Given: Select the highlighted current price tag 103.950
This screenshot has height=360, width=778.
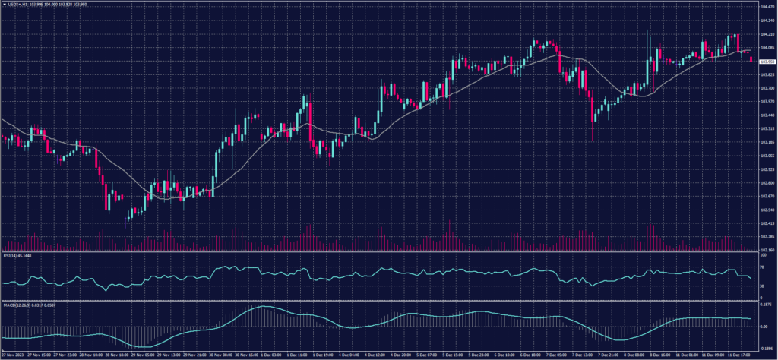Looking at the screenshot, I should tap(767, 61).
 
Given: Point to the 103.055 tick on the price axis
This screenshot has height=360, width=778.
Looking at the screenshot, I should tap(767, 156).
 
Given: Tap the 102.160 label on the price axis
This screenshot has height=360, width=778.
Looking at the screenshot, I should tap(767, 249).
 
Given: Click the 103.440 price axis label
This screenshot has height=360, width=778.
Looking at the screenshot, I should tap(767, 115).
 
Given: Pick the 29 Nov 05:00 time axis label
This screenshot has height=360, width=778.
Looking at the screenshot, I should tap(142, 354).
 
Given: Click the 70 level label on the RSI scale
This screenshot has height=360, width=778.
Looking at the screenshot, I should tap(762, 268).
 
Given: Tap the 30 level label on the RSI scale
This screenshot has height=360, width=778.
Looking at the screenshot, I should tap(762, 286).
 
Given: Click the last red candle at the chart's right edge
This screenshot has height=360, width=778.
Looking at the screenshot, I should tap(751, 60).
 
